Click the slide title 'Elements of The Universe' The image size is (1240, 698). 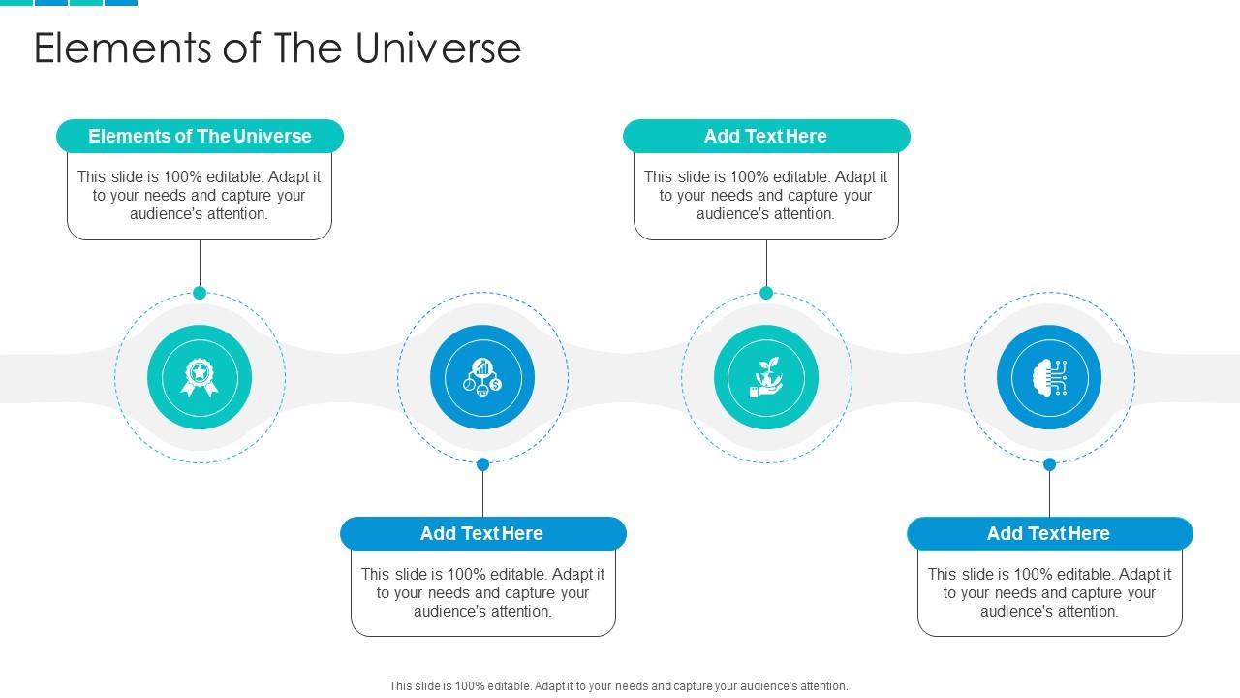point(277,48)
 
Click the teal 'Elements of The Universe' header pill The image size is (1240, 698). point(200,137)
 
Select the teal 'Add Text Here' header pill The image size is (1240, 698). point(766,137)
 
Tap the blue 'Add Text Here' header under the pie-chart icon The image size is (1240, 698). point(482,534)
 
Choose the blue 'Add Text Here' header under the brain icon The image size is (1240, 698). point(1049,534)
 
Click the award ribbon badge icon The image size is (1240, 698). point(200,377)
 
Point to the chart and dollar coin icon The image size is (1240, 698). point(482,377)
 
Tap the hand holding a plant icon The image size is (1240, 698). point(766,377)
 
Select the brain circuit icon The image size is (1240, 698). point(1049,377)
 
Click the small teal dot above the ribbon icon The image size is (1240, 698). point(200,293)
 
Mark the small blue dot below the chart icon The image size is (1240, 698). point(482,464)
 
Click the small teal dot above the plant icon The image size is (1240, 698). point(766,293)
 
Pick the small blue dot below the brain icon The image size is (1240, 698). point(1049,464)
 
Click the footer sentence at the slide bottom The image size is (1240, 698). point(618,686)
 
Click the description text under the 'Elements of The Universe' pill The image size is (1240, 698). point(200,195)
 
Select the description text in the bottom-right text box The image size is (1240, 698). point(1049,592)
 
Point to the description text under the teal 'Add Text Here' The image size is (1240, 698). point(766,195)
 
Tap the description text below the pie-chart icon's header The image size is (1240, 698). point(482,592)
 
